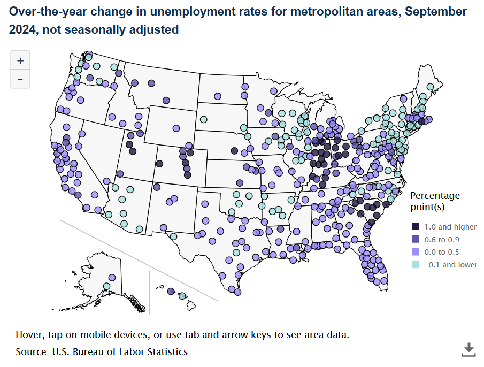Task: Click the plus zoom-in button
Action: [x=20, y=61]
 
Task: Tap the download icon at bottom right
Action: [x=468, y=349]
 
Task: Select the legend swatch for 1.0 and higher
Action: [x=416, y=227]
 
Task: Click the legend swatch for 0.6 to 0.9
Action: [x=416, y=239]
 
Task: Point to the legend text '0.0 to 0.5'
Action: [x=441, y=252]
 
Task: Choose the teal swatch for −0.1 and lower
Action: [x=416, y=265]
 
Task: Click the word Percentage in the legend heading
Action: [x=434, y=196]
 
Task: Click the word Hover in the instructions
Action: [x=29, y=335]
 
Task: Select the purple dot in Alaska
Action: [x=112, y=277]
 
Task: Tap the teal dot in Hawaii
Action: [x=182, y=296]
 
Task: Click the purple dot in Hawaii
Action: [x=171, y=292]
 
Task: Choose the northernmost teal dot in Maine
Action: [x=430, y=87]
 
